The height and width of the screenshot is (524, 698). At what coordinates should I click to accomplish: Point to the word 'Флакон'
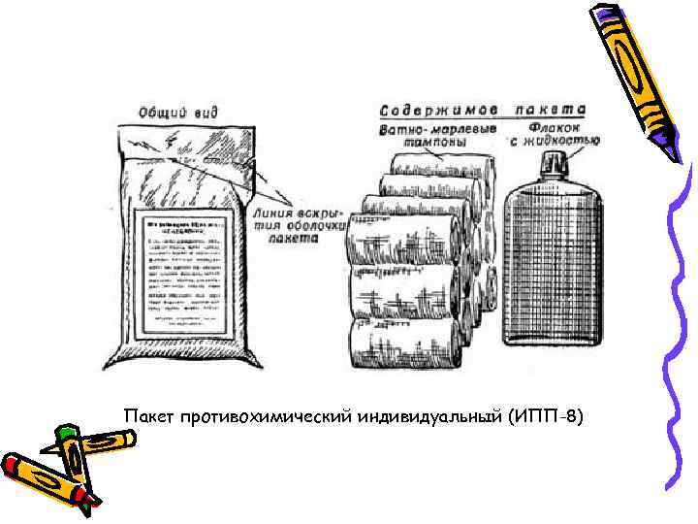[556, 126]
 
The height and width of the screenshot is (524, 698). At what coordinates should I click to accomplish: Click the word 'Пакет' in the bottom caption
[146, 417]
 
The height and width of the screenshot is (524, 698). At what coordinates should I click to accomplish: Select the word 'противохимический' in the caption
[265, 417]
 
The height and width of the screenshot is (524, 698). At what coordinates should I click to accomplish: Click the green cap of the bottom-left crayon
[67, 434]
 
